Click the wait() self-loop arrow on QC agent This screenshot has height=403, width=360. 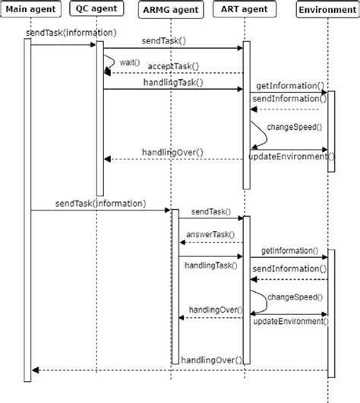tap(112, 63)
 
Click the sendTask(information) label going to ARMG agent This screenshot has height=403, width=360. tap(100, 203)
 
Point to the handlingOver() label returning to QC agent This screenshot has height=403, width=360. tap(172, 152)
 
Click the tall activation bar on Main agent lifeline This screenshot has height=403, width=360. tap(27, 205)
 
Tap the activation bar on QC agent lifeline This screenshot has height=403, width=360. tap(99, 118)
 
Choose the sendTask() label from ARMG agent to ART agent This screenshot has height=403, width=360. tap(211, 211)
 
